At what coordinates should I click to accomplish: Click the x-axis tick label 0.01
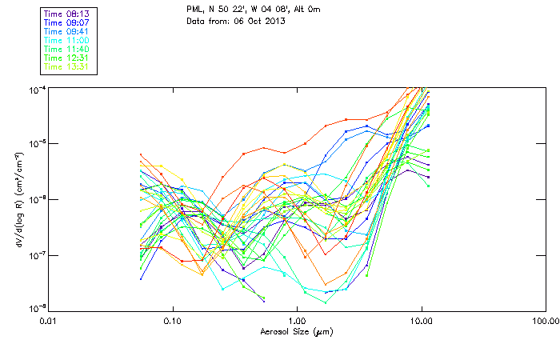[x=49, y=321]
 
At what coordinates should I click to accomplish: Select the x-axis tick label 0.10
[x=173, y=321]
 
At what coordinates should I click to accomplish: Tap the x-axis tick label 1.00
[x=298, y=321]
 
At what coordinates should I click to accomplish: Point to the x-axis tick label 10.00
[x=422, y=321]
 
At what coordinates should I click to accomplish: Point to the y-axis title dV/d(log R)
[x=18, y=198]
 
